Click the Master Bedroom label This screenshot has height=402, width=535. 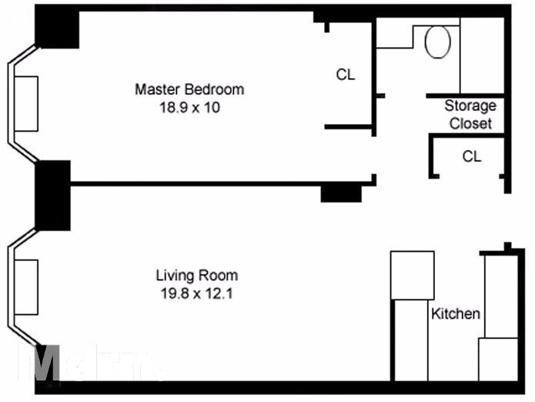coord(189,89)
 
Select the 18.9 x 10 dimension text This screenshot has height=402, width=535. coord(189,108)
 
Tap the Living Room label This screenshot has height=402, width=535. coord(196,275)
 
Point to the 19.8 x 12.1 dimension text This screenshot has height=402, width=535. coord(196,293)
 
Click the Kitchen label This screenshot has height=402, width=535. coord(455,313)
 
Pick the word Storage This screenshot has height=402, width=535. coord(470,106)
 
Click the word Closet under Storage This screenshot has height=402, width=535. coord(470,123)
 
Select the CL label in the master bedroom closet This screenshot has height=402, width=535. coord(346,75)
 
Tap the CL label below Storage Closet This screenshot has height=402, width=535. coord(472,156)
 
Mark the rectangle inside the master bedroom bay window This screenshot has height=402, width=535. coord(25,104)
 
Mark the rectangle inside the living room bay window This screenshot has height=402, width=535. coord(25,287)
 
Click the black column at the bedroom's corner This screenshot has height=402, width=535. coord(57,30)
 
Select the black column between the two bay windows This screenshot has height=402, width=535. coord(52,195)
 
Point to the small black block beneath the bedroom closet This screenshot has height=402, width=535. coord(341,193)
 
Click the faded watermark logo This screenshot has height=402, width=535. coord(89,362)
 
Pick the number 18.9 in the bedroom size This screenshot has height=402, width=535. coord(170,108)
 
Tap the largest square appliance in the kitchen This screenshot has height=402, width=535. coord(412,275)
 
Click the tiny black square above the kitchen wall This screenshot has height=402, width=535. coord(507,246)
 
